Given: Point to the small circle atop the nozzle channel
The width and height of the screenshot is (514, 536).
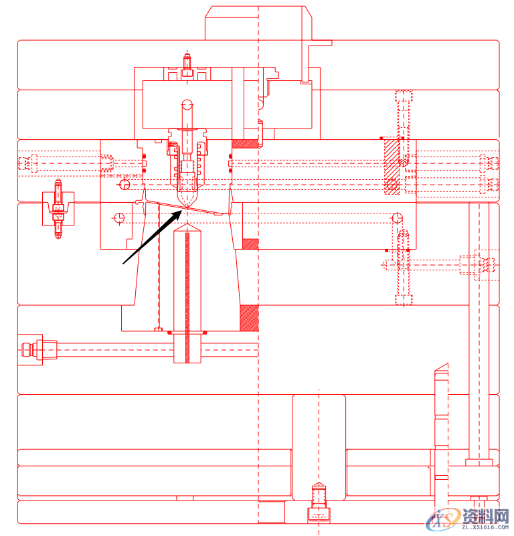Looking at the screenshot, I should [x=187, y=104].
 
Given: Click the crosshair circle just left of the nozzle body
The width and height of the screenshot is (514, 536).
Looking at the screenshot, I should [x=124, y=184].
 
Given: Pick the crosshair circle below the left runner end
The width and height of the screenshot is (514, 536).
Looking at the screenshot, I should [x=119, y=217].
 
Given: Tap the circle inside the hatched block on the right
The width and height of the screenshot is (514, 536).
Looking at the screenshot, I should [x=392, y=184].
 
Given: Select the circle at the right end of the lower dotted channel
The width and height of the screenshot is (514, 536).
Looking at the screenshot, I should [x=397, y=217].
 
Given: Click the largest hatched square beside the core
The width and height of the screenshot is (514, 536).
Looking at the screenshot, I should [x=249, y=318].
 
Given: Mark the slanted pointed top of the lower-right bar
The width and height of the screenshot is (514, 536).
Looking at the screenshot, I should [x=441, y=369].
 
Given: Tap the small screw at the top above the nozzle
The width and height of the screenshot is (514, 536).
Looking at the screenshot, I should [x=187, y=64].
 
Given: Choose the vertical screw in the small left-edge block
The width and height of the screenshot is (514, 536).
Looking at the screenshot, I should [x=58, y=209].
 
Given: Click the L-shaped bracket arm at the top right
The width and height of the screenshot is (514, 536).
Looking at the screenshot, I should [x=319, y=44].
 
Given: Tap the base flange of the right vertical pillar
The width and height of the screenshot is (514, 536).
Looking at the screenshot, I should [x=479, y=462].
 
